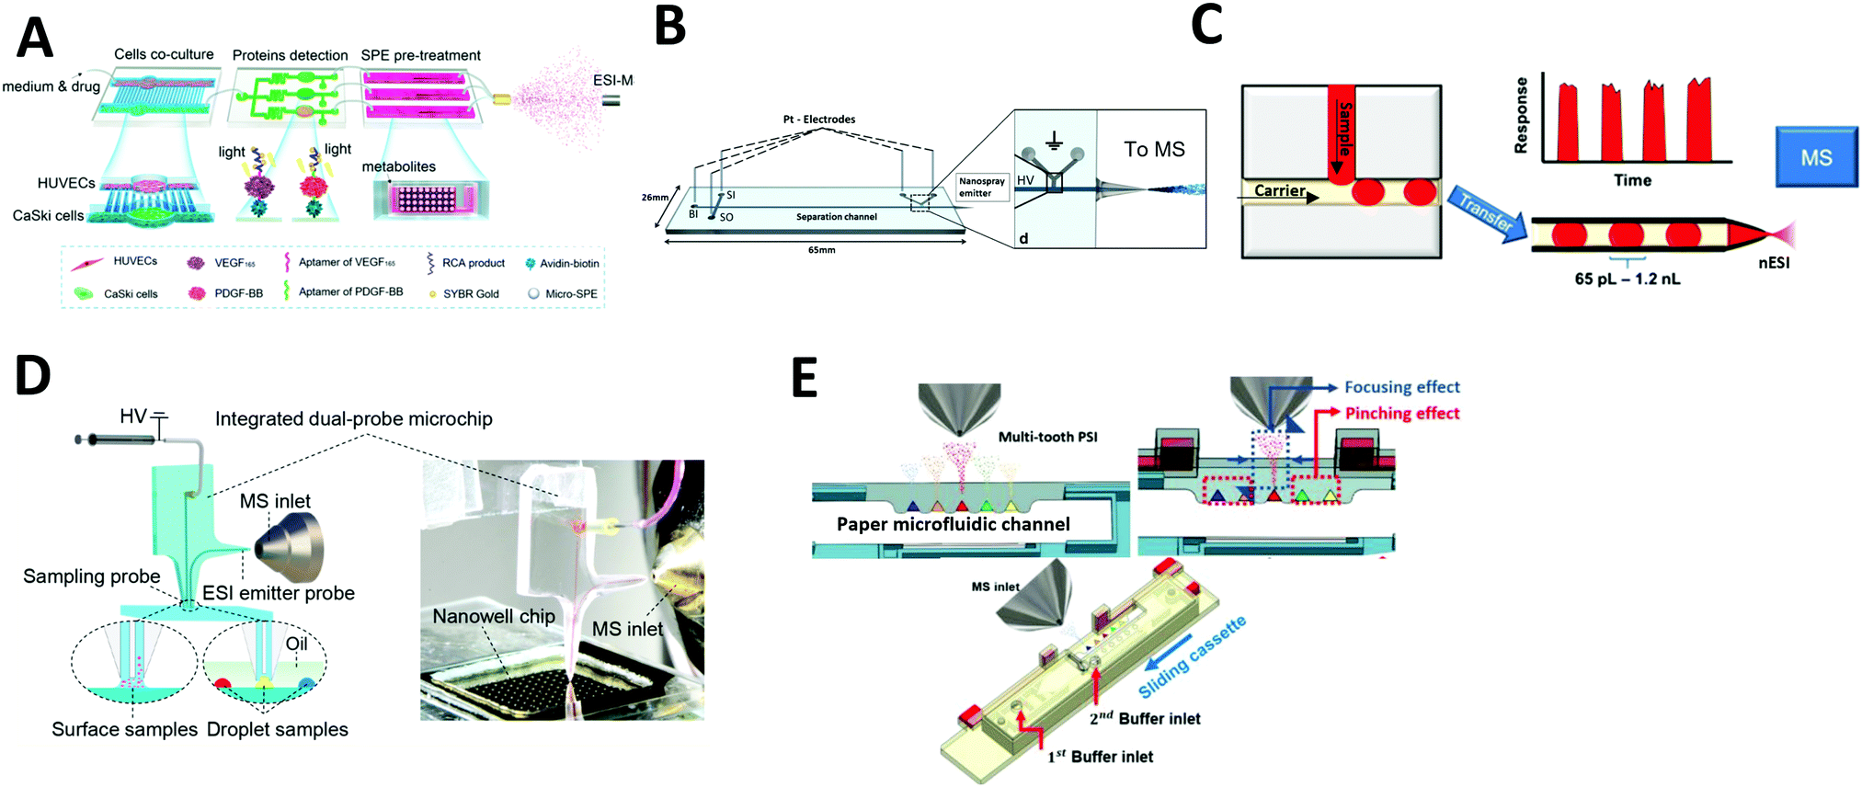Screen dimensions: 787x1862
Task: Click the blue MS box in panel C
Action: point(1815,157)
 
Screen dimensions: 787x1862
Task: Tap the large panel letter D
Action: point(33,375)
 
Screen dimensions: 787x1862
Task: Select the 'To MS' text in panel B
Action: point(1154,149)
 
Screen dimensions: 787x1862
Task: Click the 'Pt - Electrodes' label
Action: point(818,120)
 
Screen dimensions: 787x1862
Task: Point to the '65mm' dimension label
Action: point(821,250)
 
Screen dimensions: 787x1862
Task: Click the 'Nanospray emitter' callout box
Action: point(981,188)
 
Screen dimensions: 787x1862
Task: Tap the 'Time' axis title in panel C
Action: point(1632,180)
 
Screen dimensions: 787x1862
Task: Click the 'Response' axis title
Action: point(1521,115)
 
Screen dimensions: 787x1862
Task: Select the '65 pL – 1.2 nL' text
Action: point(1627,279)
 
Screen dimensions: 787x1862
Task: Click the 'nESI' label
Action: point(1773,263)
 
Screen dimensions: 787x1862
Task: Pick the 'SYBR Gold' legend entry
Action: point(470,294)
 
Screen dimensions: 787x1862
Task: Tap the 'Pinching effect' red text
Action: point(1401,414)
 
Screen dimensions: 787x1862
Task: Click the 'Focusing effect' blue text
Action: point(1401,387)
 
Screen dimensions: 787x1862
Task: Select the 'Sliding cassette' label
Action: point(1192,656)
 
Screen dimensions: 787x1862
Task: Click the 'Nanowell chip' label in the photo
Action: point(494,616)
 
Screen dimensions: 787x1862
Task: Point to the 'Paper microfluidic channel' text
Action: point(953,524)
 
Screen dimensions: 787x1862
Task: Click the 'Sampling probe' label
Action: point(91,576)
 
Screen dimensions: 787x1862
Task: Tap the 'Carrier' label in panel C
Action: point(1279,190)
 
